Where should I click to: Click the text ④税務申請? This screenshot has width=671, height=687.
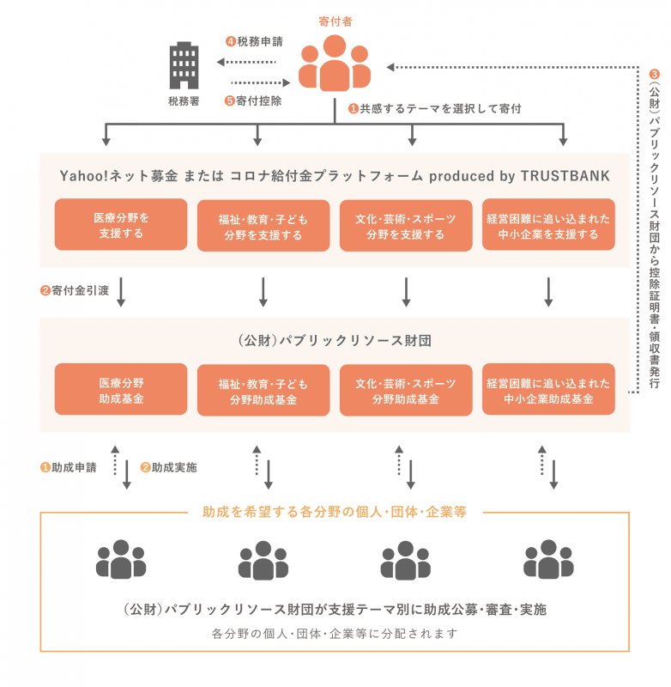pos(254,41)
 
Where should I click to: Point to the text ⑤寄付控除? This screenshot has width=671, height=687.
pos(253,100)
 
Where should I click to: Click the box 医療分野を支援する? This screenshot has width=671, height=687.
pos(120,225)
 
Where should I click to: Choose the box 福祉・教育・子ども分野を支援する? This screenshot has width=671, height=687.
pos(263,226)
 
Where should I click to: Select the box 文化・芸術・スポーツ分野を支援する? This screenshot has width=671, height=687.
pos(406,226)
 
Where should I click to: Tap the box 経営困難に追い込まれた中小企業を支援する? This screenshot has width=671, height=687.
pos(548,226)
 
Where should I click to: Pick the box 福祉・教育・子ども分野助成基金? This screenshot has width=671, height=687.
pos(263,390)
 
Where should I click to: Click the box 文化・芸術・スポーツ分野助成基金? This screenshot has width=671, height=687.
pos(406,390)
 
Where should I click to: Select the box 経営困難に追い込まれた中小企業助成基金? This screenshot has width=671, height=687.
pos(548,390)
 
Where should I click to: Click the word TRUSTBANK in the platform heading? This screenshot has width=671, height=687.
pos(567,176)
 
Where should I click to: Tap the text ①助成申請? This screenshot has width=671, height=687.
pos(69,468)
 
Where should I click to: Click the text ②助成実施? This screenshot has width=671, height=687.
pos(168,468)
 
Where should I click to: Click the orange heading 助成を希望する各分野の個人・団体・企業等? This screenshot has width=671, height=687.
pos(335,512)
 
